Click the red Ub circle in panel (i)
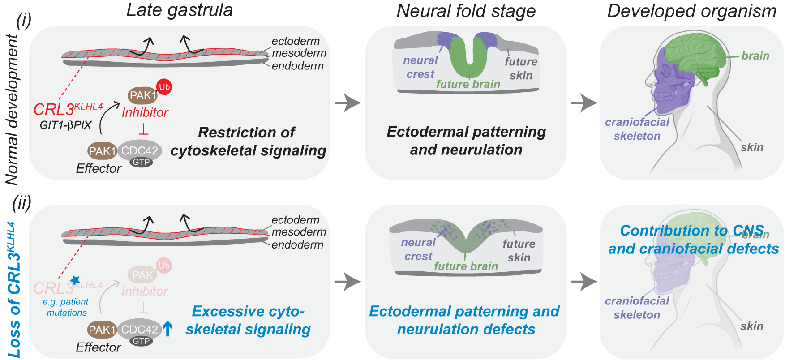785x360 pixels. (164, 87)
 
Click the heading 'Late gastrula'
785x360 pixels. (180, 10)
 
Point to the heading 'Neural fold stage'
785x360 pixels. (466, 11)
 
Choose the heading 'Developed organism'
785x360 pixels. (691, 11)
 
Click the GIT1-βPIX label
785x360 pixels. (65, 125)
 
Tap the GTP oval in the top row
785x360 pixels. (141, 162)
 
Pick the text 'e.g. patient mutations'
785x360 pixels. (66, 307)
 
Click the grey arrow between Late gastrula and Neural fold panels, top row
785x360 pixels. (347, 103)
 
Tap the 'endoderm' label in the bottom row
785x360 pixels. (297, 245)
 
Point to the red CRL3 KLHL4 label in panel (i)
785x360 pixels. (68, 109)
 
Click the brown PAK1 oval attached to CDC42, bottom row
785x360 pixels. (102, 330)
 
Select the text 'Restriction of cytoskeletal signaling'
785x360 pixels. (248, 141)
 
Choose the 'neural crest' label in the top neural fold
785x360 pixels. (420, 67)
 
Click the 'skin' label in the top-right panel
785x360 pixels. (751, 147)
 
